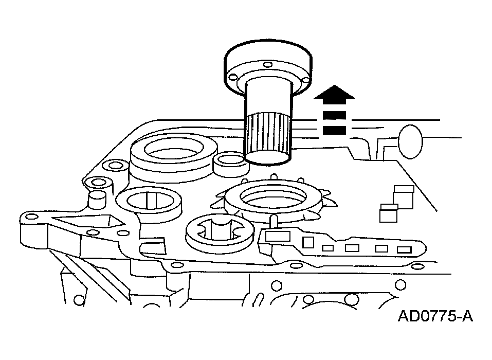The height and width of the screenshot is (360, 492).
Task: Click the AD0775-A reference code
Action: coord(434,316)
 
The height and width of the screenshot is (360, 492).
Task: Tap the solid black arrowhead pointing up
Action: coord(334,94)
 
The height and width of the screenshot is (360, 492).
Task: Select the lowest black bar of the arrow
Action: coord(334,131)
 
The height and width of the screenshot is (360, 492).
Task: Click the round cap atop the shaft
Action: coord(267,57)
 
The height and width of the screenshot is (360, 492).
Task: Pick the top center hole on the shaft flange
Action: coord(267,65)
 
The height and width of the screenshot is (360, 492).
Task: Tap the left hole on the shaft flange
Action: coord(233,77)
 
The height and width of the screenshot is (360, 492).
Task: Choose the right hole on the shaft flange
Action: coord(306,80)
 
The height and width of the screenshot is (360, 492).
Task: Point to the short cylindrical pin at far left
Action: coord(97,200)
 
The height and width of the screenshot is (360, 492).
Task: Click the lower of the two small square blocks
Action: coord(389,212)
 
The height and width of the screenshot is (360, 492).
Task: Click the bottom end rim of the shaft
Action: coord(267,157)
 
